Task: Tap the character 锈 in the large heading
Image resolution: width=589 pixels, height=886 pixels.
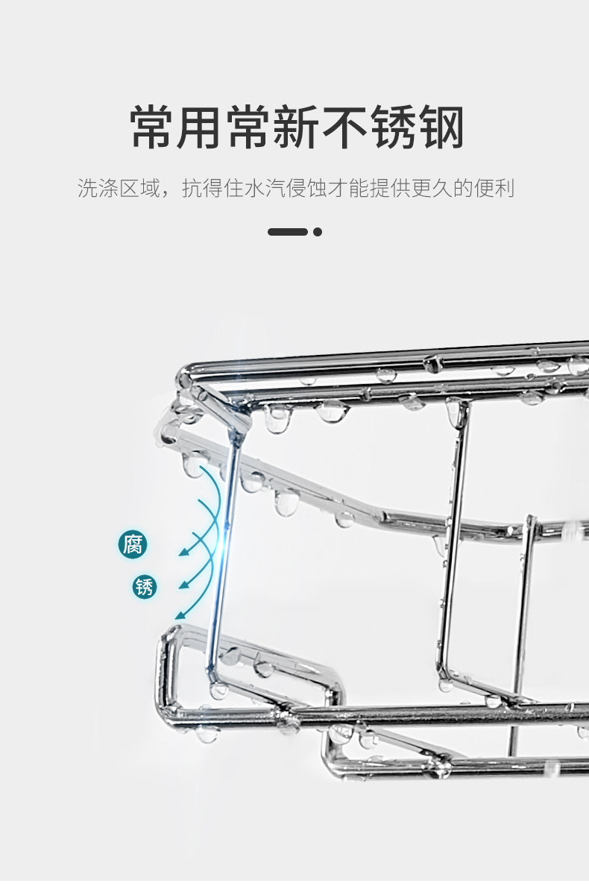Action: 393,128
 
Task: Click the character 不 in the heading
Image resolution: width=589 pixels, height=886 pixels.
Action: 345,128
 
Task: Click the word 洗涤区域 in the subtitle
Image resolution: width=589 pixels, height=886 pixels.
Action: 119,189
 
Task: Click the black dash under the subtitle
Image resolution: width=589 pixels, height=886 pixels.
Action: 288,232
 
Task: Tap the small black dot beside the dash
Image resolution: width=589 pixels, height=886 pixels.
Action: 318,232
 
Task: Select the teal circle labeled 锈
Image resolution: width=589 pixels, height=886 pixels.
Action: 145,587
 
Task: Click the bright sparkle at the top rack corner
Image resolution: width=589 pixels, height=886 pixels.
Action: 238,406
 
